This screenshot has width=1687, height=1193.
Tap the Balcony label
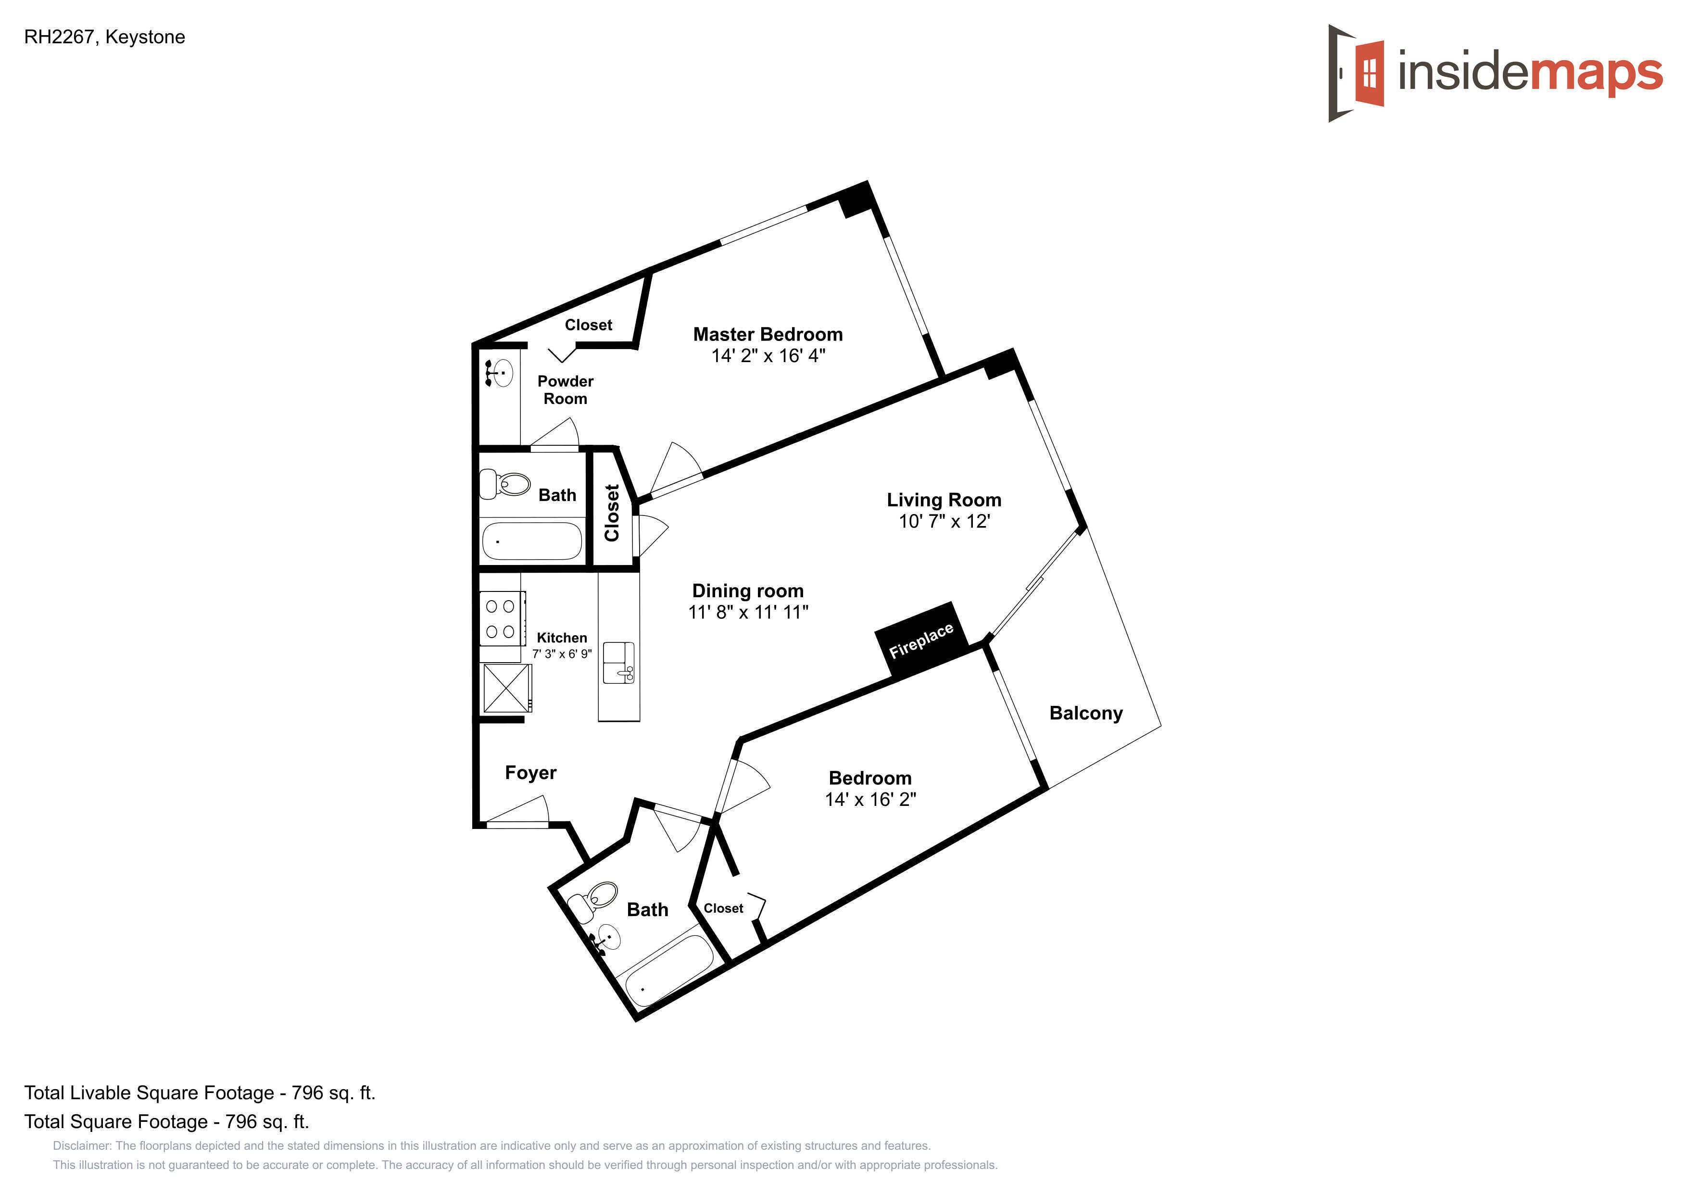point(1086,713)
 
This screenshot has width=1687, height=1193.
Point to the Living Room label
point(944,500)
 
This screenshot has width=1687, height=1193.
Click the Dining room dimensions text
point(748,613)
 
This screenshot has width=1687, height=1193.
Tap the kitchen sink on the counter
point(618,663)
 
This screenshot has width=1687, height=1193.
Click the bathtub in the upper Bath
point(532,540)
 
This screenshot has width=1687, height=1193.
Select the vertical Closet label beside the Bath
point(611,513)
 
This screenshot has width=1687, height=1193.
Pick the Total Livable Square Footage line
point(200,1093)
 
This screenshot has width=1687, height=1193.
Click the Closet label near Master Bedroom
point(589,325)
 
